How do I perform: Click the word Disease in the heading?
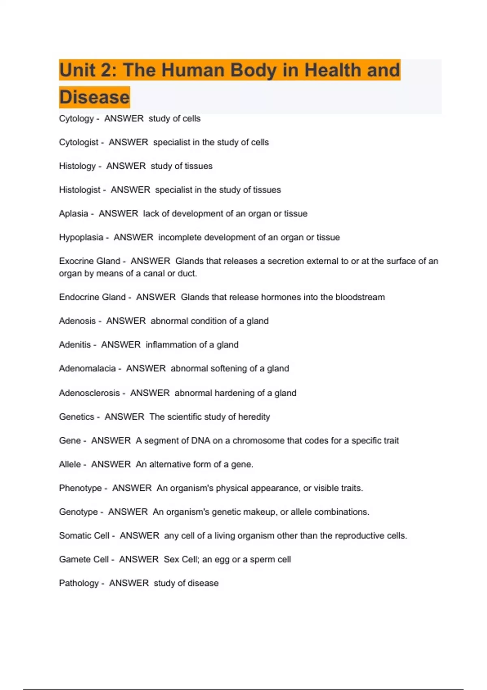pos(94,97)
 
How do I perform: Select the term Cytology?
pos(76,119)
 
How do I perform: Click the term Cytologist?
pos(78,142)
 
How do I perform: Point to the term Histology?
pos(77,166)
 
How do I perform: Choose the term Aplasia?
pos(73,213)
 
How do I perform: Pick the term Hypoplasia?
pos(81,237)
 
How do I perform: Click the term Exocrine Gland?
pos(90,261)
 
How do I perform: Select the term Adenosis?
pos(77,321)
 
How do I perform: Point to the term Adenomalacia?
pos(87,369)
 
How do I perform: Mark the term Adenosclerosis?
pos(89,393)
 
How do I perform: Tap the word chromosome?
pos(258,440)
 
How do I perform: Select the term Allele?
pos(70,464)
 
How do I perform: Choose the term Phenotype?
pos(80,488)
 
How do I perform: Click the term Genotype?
pos(78,512)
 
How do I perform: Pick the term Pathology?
pos(79,583)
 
